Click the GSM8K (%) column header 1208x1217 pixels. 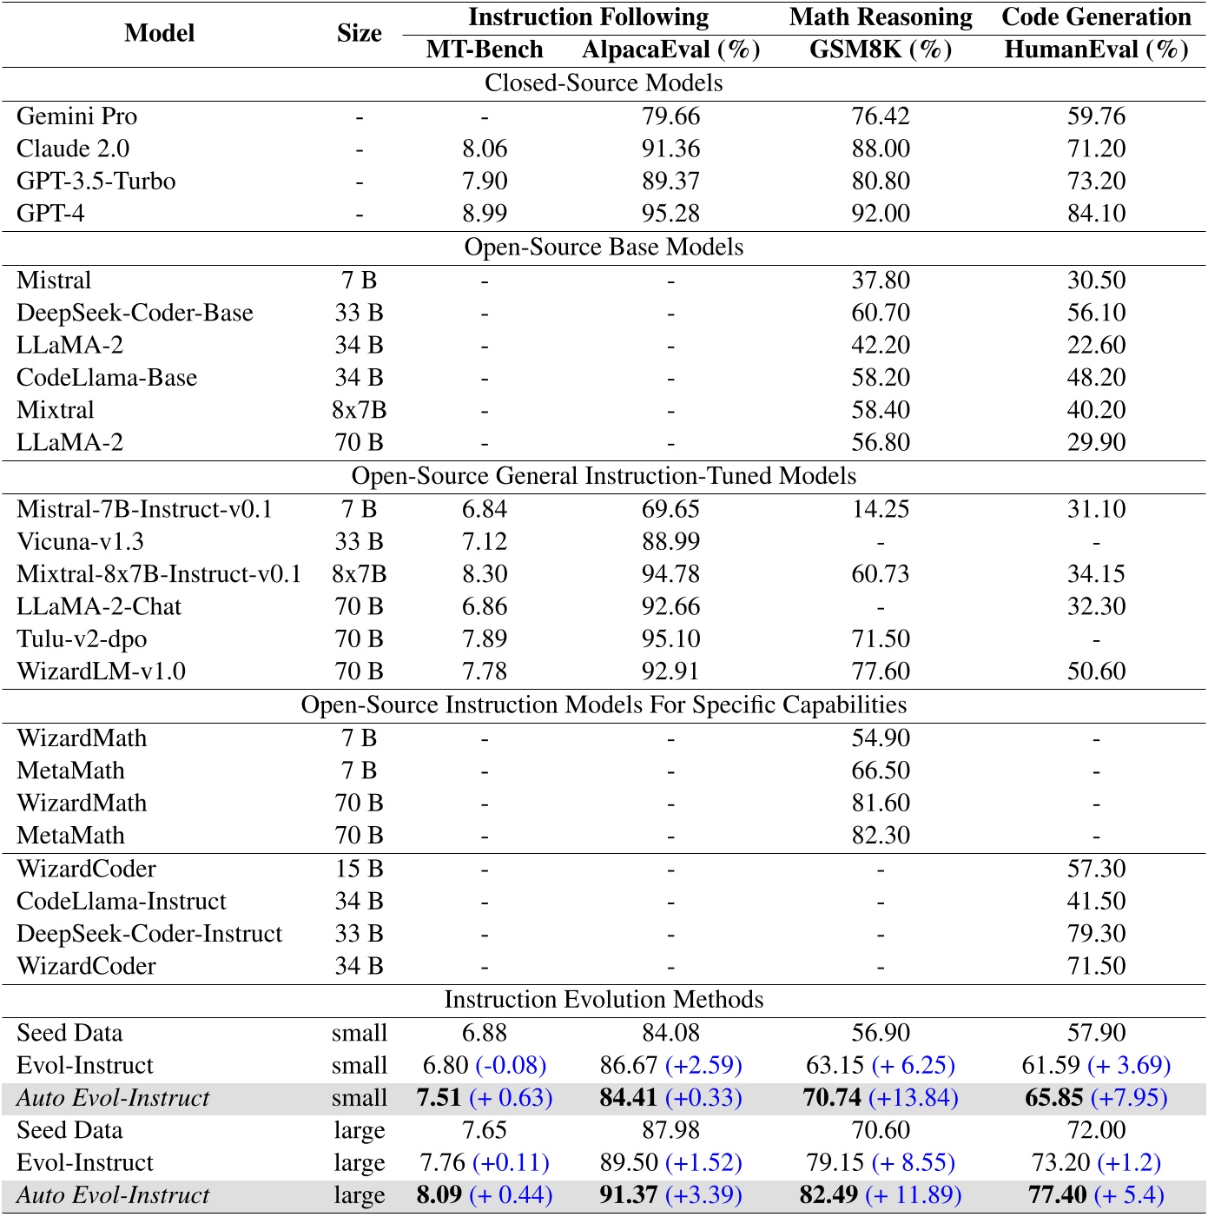pyautogui.click(x=881, y=50)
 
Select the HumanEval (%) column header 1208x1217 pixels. pyautogui.click(x=1096, y=50)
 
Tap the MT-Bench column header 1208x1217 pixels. pyautogui.click(x=485, y=50)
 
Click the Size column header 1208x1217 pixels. pyautogui.click(x=360, y=33)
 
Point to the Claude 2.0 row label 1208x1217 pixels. pyautogui.click(x=73, y=149)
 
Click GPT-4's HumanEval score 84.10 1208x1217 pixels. pyautogui.click(x=1096, y=214)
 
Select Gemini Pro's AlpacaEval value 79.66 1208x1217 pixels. pyautogui.click(x=670, y=116)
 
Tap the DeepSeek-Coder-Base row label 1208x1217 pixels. pyautogui.click(x=135, y=313)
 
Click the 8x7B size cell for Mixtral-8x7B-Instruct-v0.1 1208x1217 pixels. pyautogui.click(x=360, y=574)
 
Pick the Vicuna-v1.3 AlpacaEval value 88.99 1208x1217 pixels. pyautogui.click(x=670, y=542)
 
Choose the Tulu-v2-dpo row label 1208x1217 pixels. pyautogui.click(x=82, y=639)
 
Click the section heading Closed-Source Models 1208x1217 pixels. pyautogui.click(x=604, y=83)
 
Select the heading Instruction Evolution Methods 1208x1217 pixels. pyautogui.click(x=604, y=1000)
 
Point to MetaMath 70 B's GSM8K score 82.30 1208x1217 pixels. pyautogui.click(x=881, y=836)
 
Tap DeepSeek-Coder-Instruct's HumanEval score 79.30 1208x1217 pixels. pyautogui.click(x=1096, y=934)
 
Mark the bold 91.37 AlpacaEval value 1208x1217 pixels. pyautogui.click(x=628, y=1195)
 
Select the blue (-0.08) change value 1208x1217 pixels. pyautogui.click(x=511, y=1066)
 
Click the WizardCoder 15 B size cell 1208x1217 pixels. pyautogui.click(x=360, y=870)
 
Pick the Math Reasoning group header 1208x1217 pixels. pyautogui.click(x=881, y=17)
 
